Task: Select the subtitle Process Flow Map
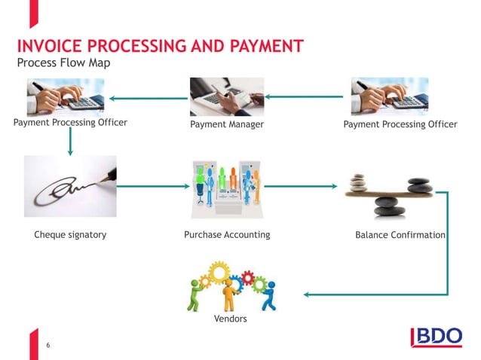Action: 63,63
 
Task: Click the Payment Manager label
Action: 227,124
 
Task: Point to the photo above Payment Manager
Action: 227,96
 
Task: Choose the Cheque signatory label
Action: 70,235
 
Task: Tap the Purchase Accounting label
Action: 227,235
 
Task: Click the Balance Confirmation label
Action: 400,235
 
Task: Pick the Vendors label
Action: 231,319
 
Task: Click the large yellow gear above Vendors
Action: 219,272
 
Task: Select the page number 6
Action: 48,346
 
